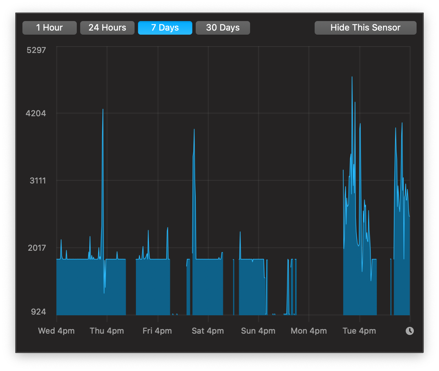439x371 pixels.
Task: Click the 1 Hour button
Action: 49,28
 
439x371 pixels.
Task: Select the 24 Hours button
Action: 107,28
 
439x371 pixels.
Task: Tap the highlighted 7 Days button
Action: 165,28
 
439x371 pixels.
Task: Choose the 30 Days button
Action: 223,28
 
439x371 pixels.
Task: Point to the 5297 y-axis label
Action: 36,50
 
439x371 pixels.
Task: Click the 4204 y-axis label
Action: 36,113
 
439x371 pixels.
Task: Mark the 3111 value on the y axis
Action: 38,180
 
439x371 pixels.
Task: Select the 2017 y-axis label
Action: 37,248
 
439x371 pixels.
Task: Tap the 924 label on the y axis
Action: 38,312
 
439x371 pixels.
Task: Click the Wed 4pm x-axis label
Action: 56,331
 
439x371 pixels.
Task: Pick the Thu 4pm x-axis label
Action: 107,331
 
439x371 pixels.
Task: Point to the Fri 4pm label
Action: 157,331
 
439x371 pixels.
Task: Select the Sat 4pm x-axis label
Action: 208,331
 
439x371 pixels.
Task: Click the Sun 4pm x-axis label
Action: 258,331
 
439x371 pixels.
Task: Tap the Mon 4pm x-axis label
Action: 309,331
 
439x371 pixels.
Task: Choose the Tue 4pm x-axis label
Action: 359,331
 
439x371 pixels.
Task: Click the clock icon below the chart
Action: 410,331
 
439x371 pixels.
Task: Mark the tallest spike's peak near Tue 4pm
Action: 352,77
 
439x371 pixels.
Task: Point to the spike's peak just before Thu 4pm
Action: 103,109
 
